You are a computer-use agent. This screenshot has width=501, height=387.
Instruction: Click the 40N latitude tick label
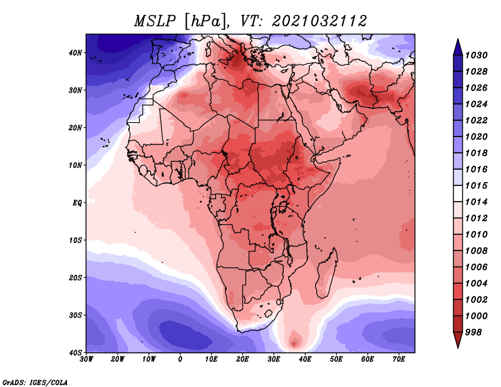point(75,53)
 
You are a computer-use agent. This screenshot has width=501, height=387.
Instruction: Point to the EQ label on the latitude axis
point(77,203)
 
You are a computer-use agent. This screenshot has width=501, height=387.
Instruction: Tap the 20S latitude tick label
point(75,277)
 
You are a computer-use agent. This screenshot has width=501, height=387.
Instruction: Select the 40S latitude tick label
point(75,353)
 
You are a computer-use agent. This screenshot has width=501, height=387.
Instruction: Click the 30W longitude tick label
point(86,359)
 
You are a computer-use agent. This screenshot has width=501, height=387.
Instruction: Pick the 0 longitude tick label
point(180,359)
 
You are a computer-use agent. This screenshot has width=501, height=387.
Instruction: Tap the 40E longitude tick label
point(305,359)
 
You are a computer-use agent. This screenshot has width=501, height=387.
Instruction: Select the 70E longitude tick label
point(399,359)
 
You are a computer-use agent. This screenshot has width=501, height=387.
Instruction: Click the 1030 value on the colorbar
point(476,55)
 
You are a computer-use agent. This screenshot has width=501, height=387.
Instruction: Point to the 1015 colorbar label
point(476,185)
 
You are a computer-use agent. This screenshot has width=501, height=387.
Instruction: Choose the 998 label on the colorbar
point(473,333)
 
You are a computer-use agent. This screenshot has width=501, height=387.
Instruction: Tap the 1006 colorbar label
point(476,267)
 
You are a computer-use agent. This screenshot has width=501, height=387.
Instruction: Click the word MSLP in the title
point(155,21)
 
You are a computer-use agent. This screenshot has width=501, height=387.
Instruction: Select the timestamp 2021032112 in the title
point(319,21)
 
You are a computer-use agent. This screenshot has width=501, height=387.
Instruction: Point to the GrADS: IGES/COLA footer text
point(35,382)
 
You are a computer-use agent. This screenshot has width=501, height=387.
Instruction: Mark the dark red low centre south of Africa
point(294,343)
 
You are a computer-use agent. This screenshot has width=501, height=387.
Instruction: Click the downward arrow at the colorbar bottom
point(458,340)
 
